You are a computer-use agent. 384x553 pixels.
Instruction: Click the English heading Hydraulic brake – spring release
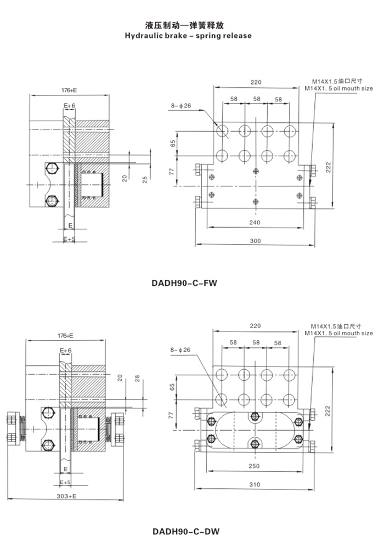[x=188, y=36]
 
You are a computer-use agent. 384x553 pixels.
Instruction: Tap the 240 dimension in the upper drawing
[x=255, y=223]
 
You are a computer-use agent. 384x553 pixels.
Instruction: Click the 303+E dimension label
[x=67, y=495]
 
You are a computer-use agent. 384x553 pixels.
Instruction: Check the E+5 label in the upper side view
[x=69, y=239]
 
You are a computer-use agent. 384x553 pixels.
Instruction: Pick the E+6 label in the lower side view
[x=66, y=350]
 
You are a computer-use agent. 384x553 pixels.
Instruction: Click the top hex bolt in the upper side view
[x=53, y=168]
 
